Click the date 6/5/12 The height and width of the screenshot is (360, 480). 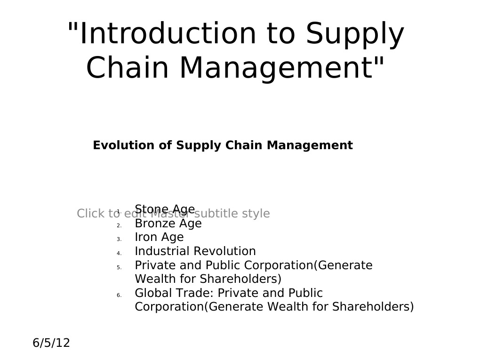tap(51, 343)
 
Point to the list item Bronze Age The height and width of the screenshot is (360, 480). tap(168, 224)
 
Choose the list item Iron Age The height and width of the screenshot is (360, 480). tap(159, 237)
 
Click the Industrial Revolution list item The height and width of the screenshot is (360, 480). tap(195, 251)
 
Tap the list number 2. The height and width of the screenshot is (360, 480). tap(119, 225)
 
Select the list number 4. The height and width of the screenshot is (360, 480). tap(119, 254)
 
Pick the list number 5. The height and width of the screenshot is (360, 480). tap(119, 268)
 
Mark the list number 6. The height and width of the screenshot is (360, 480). tap(119, 296)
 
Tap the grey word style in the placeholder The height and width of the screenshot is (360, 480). tap(256, 214)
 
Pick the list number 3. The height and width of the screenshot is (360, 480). tap(119, 240)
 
